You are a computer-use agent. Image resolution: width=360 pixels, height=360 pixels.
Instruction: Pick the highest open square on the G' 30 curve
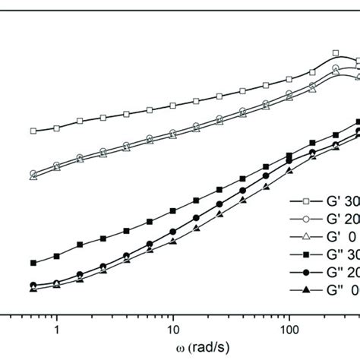pos(336,53)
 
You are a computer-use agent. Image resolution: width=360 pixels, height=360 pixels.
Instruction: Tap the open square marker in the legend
pos(305,201)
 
